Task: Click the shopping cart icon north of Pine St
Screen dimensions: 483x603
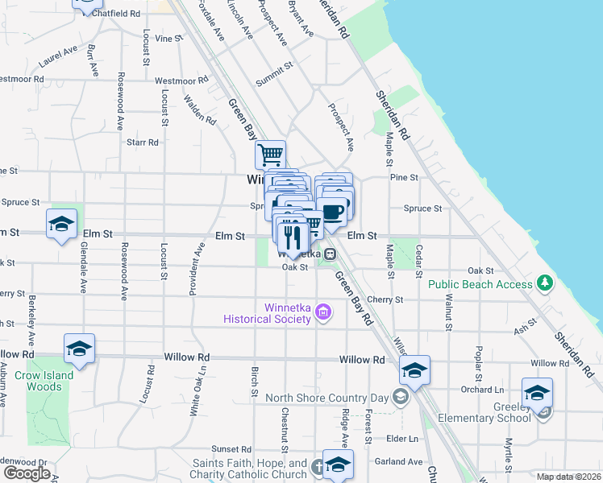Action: click(270, 153)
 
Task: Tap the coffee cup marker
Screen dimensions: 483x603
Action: click(332, 213)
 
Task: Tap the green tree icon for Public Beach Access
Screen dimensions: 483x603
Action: click(546, 283)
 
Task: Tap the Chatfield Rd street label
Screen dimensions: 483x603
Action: click(116, 14)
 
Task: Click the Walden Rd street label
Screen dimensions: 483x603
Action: click(200, 110)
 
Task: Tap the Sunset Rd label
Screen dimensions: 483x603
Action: click(231, 449)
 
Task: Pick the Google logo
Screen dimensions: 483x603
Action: click(27, 473)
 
